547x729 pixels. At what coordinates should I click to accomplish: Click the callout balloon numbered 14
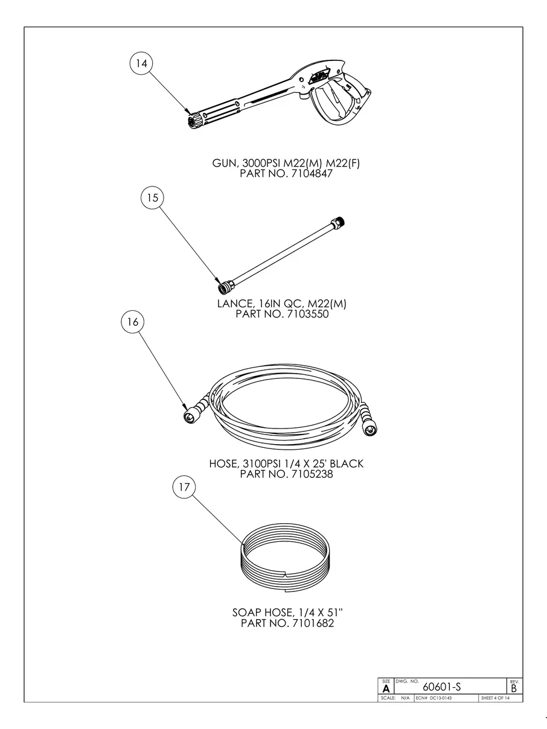point(142,63)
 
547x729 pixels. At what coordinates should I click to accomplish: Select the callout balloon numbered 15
point(152,197)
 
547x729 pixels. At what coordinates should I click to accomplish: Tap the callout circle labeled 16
point(133,322)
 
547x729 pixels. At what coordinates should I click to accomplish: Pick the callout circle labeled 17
point(184,488)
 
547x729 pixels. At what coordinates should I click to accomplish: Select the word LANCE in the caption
point(236,304)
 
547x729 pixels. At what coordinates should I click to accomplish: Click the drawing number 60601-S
point(444,687)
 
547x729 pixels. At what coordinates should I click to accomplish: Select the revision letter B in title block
point(514,688)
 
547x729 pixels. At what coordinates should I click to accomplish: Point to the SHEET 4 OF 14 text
point(495,698)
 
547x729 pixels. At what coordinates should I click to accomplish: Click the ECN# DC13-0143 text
point(433,698)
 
